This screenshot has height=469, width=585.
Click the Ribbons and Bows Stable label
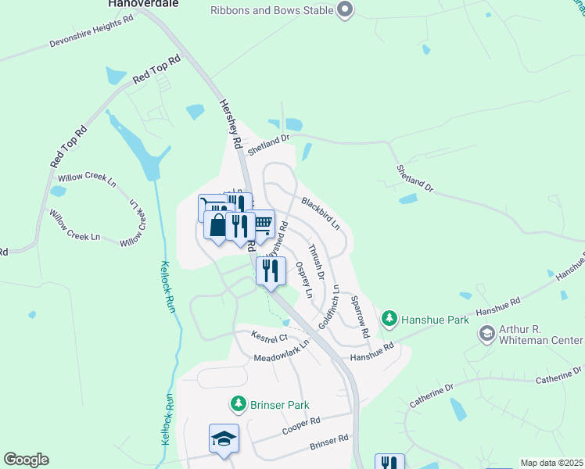(x=272, y=10)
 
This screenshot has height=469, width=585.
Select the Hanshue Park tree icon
(x=389, y=319)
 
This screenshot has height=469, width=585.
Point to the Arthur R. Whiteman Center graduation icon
(x=487, y=334)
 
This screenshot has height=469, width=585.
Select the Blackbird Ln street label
(x=320, y=212)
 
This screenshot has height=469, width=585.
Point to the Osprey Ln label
(x=303, y=280)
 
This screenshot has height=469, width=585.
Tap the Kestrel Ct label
(x=270, y=337)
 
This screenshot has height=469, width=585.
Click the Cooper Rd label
(x=302, y=421)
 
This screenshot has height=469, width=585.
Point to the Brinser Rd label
(x=328, y=441)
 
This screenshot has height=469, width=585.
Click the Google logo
(x=26, y=460)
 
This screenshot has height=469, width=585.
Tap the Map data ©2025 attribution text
(x=551, y=463)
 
